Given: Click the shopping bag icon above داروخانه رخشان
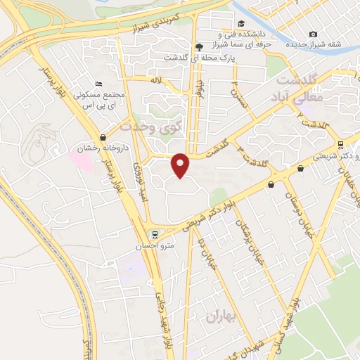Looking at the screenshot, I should [104, 137].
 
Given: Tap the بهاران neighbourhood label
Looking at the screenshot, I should [223, 316].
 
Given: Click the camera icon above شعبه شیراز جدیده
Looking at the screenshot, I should [313, 34].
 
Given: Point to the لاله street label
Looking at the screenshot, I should [156, 82].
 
